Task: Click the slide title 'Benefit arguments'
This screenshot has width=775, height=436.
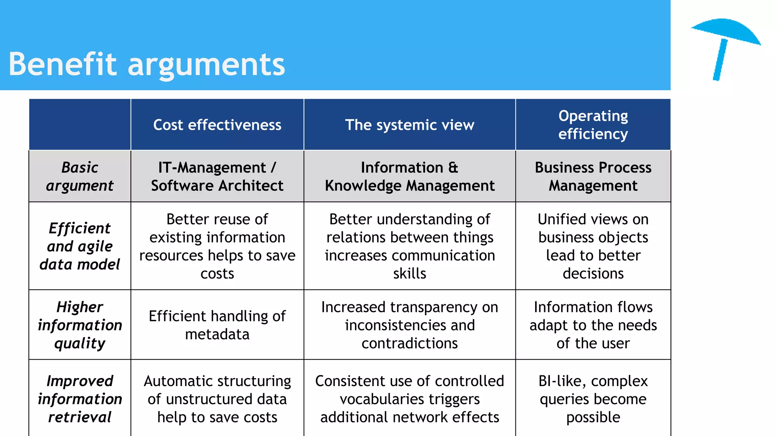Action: pyautogui.click(x=146, y=64)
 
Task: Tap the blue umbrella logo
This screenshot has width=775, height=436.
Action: pyautogui.click(x=725, y=45)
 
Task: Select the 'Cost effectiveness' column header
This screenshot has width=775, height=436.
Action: pyautogui.click(x=217, y=125)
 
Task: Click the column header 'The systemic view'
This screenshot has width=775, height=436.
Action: pyautogui.click(x=409, y=125)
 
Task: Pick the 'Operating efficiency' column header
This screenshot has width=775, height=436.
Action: pyautogui.click(x=593, y=125)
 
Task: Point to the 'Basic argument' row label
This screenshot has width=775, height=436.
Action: pyautogui.click(x=80, y=176)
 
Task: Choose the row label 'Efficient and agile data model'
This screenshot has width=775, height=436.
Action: pyautogui.click(x=80, y=246)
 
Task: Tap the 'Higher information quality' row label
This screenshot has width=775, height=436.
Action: pyautogui.click(x=80, y=325)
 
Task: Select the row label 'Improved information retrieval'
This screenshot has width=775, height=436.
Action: pyautogui.click(x=80, y=399)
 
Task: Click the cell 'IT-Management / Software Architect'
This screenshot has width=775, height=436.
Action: pyautogui.click(x=217, y=176)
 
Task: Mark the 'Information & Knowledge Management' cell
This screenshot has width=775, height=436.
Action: pyautogui.click(x=409, y=176)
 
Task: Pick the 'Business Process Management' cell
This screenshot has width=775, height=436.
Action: pyautogui.click(x=593, y=176)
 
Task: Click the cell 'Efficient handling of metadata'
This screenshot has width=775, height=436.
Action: pyautogui.click(x=217, y=325)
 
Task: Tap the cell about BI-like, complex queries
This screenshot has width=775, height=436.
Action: pyautogui.click(x=593, y=399)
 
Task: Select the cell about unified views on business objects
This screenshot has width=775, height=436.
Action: pyautogui.click(x=593, y=246)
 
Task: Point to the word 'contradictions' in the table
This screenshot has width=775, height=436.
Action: pyautogui.click(x=409, y=343)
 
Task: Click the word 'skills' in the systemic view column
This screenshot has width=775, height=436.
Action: pyautogui.click(x=409, y=274)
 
